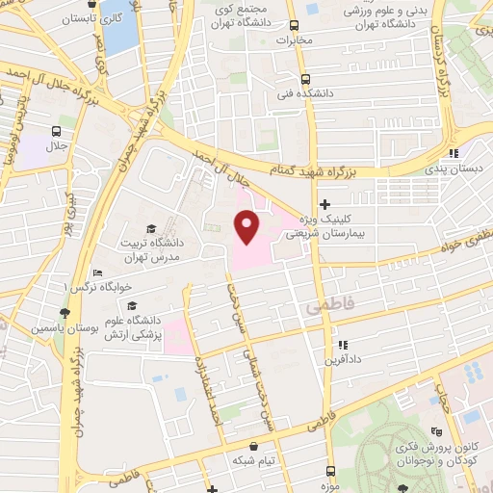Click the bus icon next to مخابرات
click(311, 24)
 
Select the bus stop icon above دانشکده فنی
click(305, 80)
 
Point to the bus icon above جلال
click(57, 130)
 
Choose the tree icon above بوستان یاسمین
click(65, 312)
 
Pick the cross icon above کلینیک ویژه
click(325, 204)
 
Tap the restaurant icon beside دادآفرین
click(341, 344)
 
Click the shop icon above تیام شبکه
click(252, 446)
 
